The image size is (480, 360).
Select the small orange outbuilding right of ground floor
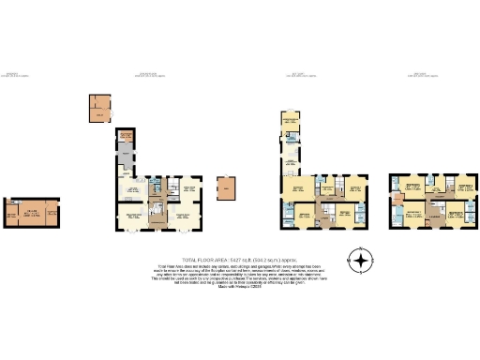click(227, 190)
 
